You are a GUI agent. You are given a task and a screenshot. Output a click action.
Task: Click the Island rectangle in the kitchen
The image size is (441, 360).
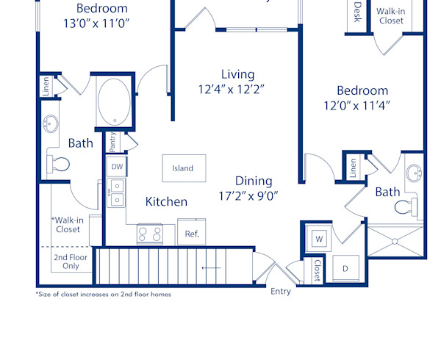(183, 168)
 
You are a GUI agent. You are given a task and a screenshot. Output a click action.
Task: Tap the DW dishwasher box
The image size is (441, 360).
(117, 167)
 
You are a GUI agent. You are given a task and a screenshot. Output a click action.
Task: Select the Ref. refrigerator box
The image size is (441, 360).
(192, 233)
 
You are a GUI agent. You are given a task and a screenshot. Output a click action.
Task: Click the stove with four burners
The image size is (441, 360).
(151, 234)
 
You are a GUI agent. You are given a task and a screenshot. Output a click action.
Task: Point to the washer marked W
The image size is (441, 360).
(319, 239)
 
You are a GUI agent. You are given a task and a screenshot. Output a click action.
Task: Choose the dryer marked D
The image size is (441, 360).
(345, 267)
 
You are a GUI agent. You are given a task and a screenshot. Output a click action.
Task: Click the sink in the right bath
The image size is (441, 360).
(414, 174)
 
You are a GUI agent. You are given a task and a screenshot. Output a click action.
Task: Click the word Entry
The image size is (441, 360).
(281, 292)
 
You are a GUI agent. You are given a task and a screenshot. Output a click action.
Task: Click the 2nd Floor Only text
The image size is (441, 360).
(66, 262)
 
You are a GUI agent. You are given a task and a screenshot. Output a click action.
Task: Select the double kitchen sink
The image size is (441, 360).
(116, 193)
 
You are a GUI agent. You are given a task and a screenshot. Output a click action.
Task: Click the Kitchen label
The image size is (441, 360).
(166, 201)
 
